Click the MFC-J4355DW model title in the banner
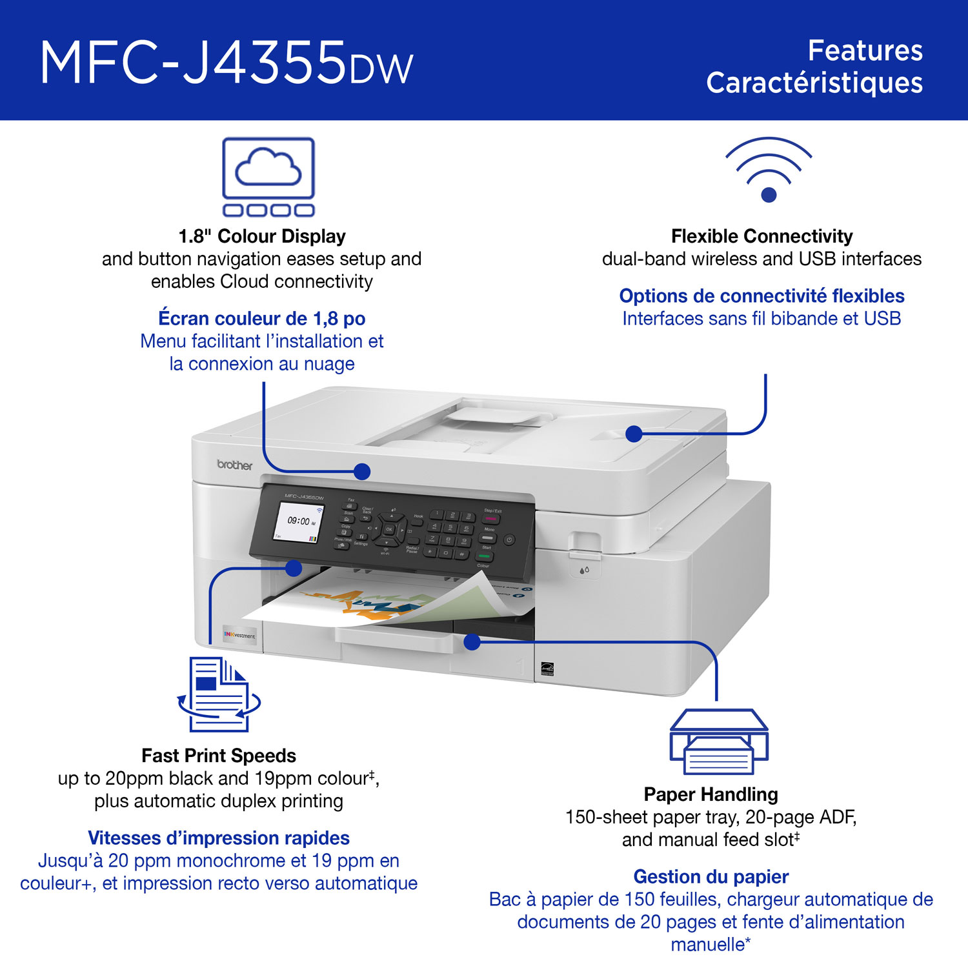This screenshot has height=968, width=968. click(x=226, y=63)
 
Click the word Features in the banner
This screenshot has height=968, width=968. click(x=865, y=50)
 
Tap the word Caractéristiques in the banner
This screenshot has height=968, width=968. click(x=814, y=83)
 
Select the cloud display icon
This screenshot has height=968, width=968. click(x=268, y=176)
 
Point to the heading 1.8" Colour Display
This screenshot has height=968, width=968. click(x=262, y=236)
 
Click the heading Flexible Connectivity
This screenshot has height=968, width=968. click(x=761, y=236)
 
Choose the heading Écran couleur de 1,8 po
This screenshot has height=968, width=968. click(x=262, y=318)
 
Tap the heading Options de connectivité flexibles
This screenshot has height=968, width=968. click(x=761, y=296)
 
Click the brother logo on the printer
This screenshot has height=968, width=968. click(x=234, y=465)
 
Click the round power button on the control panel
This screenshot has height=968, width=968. click(x=509, y=539)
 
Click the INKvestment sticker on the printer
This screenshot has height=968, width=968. click(x=239, y=635)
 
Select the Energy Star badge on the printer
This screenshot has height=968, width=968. click(x=547, y=669)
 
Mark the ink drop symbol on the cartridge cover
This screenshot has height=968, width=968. click(x=584, y=570)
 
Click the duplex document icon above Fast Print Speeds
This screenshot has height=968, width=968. click(x=219, y=694)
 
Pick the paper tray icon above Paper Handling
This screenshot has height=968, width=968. click(x=718, y=741)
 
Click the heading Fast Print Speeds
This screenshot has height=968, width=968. click(x=219, y=756)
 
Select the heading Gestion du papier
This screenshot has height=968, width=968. click(x=711, y=876)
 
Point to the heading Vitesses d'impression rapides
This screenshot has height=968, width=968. click(x=219, y=838)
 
